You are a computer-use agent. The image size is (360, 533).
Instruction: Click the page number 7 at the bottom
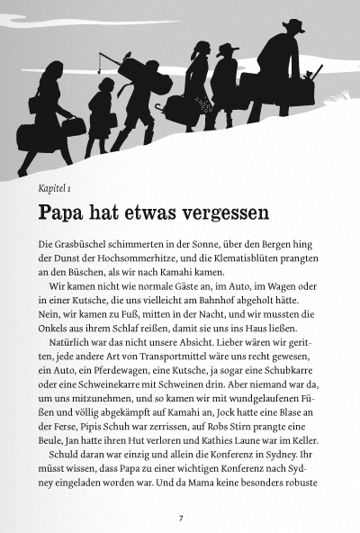pos(181,517)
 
